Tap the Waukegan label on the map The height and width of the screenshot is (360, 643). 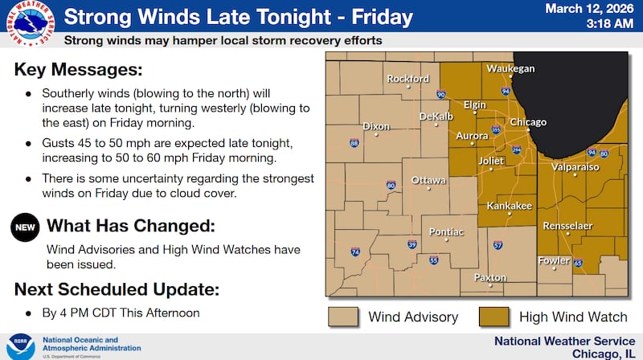click(510, 68)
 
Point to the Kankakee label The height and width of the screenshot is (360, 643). click(510, 207)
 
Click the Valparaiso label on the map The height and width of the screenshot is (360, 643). click(575, 167)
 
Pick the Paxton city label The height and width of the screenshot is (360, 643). click(490, 278)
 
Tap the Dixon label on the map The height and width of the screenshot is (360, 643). click(376, 126)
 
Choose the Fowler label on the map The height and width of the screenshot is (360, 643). click(555, 260)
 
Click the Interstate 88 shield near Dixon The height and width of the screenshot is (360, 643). click(354, 144)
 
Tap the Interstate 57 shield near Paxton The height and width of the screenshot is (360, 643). click(498, 244)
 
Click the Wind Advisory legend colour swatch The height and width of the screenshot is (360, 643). click(342, 317)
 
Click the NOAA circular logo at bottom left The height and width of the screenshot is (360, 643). click(20, 346)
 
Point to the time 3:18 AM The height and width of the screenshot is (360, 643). click(607, 25)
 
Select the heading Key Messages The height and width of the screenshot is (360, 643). click(78, 69)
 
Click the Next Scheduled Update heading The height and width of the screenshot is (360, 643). click(117, 289)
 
